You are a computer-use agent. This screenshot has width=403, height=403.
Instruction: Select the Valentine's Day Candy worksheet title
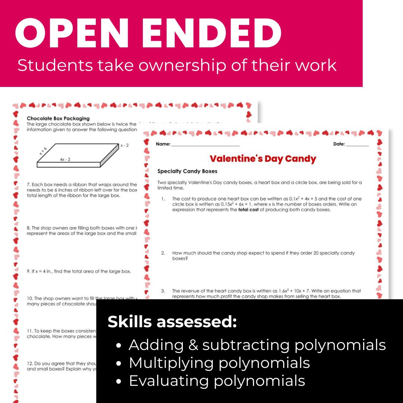(x=263, y=159)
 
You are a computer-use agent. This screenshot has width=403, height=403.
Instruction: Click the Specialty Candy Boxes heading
(x=187, y=171)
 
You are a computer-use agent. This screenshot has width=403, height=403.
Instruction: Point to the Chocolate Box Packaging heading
(x=58, y=119)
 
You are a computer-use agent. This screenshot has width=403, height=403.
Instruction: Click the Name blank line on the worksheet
(x=205, y=145)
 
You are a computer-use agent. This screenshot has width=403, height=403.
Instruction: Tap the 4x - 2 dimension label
(x=65, y=159)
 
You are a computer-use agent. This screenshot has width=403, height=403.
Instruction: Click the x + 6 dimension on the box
(x=43, y=151)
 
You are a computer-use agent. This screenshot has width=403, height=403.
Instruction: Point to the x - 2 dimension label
(x=124, y=145)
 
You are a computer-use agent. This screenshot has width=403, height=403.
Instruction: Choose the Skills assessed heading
(x=172, y=322)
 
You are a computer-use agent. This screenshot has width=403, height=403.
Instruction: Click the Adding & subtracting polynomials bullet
(x=257, y=345)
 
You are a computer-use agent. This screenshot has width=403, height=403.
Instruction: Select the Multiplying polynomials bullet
(x=219, y=363)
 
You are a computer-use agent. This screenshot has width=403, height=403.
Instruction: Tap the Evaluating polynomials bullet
(x=217, y=381)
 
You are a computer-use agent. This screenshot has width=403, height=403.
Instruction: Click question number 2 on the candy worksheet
(x=163, y=253)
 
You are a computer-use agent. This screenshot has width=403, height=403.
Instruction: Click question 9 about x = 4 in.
(x=79, y=271)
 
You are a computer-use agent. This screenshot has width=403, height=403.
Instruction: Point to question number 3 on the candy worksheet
(x=163, y=291)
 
